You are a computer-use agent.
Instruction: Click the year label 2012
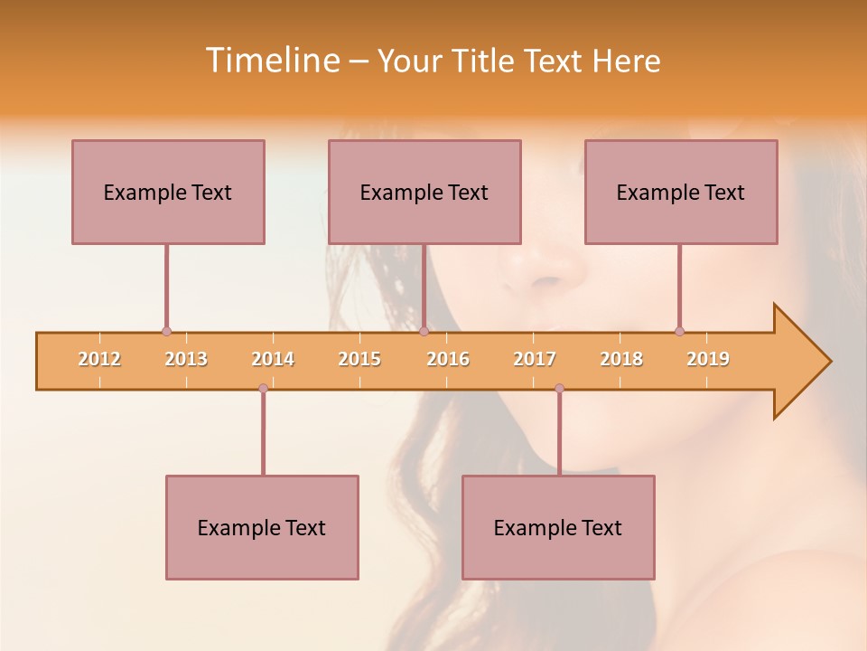[x=99, y=359]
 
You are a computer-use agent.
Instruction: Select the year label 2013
[x=186, y=359]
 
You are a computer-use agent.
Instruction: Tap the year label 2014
[x=273, y=359]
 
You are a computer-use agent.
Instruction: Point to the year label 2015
[x=359, y=359]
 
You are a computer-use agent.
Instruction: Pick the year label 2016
[x=448, y=359]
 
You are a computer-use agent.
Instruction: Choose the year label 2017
[x=535, y=359]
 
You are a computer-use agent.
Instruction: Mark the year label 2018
[x=621, y=359]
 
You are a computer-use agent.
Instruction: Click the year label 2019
[x=708, y=359]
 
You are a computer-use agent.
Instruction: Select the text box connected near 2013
[x=168, y=192]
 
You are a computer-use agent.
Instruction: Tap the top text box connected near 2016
[x=424, y=192]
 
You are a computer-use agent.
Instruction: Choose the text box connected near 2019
[x=681, y=192]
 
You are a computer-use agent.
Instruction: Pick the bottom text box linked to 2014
[x=262, y=527]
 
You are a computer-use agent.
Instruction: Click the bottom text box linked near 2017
[x=558, y=527]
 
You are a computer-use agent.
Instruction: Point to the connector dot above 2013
[x=166, y=332]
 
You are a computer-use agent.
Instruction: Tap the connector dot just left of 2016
[x=424, y=332]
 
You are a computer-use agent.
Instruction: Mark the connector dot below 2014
[x=263, y=389]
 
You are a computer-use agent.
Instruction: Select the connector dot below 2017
[x=559, y=389]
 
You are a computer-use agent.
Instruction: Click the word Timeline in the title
[x=272, y=61]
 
